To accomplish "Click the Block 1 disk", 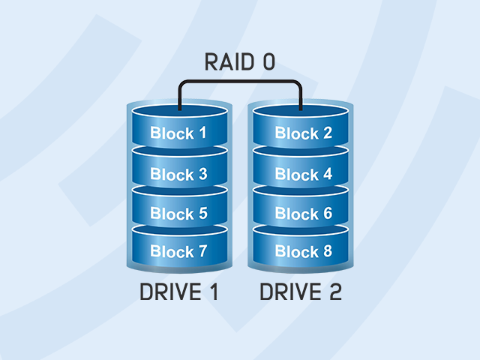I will (178, 133).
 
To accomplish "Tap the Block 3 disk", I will (178, 174).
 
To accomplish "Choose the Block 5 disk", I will (178, 214).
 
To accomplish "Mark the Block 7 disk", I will (178, 252).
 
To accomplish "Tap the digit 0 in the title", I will (268, 62).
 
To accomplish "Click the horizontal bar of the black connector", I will (240, 81).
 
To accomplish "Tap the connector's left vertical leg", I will (178, 95).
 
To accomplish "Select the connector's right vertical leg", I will (301, 95).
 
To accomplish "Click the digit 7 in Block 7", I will (202, 252).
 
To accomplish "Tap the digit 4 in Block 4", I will (326, 174).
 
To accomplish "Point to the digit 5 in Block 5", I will (202, 214).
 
